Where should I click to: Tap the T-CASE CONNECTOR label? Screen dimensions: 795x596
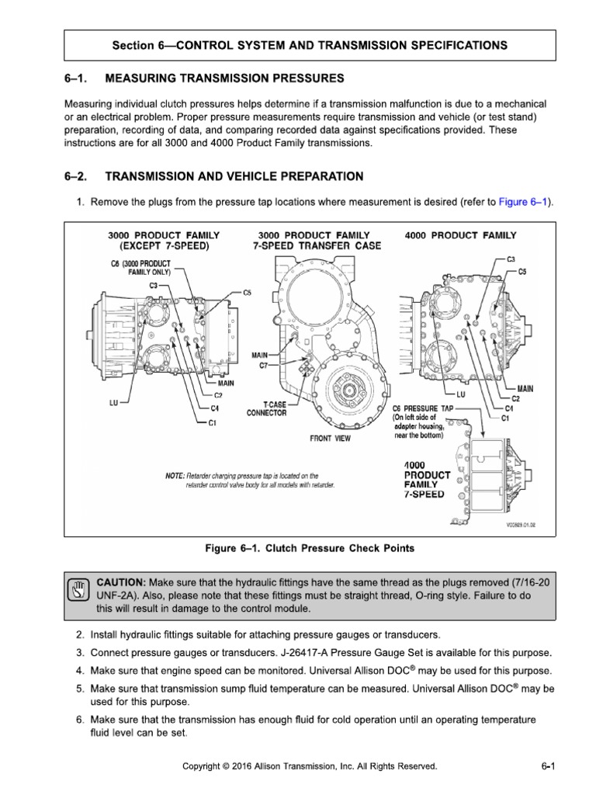tap(266, 408)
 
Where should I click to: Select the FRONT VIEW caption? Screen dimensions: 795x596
tap(330, 439)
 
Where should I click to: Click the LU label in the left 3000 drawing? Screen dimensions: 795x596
tap(113, 403)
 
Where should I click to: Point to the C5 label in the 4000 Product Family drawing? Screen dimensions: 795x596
tap(521, 272)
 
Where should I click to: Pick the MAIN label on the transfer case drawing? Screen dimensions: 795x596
tap(258, 355)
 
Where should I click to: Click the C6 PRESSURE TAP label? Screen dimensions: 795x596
tap(422, 408)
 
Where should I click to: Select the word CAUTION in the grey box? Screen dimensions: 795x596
tap(120, 581)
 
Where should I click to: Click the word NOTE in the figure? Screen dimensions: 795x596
tap(175, 475)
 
